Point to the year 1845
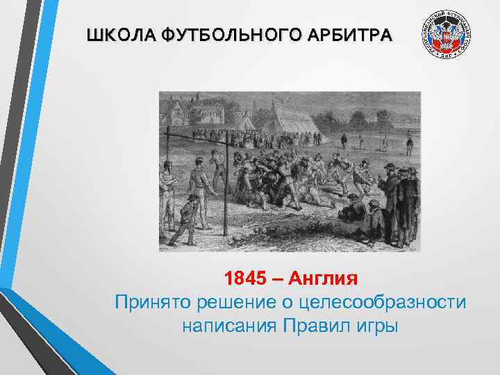(x=244, y=280)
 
